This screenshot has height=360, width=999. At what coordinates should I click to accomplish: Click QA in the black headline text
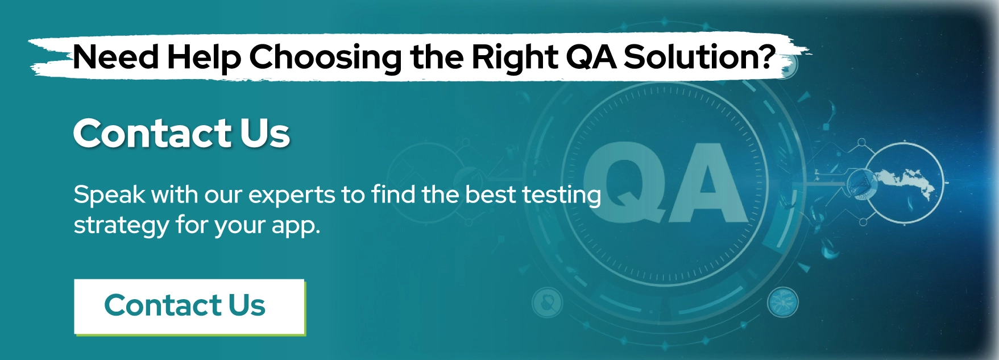click(x=590, y=57)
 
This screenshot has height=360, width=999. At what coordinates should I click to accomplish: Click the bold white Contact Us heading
click(x=181, y=134)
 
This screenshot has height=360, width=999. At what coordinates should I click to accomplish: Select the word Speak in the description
click(x=109, y=196)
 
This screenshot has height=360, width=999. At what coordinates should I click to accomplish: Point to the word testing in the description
click(x=561, y=196)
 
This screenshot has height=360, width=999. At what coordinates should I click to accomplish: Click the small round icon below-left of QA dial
click(x=547, y=302)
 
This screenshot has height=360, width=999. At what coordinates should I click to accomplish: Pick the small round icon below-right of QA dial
click(x=783, y=302)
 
